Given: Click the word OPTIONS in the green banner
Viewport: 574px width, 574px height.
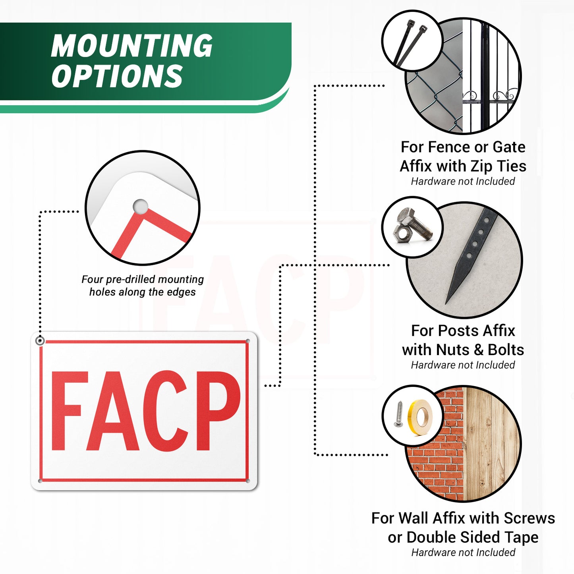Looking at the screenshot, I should pyautogui.click(x=117, y=76).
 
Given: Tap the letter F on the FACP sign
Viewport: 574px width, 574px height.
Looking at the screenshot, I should pyautogui.click(x=70, y=411).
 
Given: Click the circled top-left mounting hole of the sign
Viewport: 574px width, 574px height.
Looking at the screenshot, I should pyautogui.click(x=40, y=341).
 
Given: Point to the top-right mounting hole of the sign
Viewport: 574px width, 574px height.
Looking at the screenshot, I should pyautogui.click(x=248, y=341).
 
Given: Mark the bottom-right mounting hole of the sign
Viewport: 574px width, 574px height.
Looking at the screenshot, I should pyautogui.click(x=248, y=481).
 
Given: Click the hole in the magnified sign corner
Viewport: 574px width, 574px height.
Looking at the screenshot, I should pyautogui.click(x=140, y=207).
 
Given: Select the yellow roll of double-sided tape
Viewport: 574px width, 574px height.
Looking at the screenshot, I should pyautogui.click(x=421, y=417).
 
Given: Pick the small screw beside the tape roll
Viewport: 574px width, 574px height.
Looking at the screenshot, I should pyautogui.click(x=399, y=414).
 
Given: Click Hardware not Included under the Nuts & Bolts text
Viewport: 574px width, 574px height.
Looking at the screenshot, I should pyautogui.click(x=463, y=365).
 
